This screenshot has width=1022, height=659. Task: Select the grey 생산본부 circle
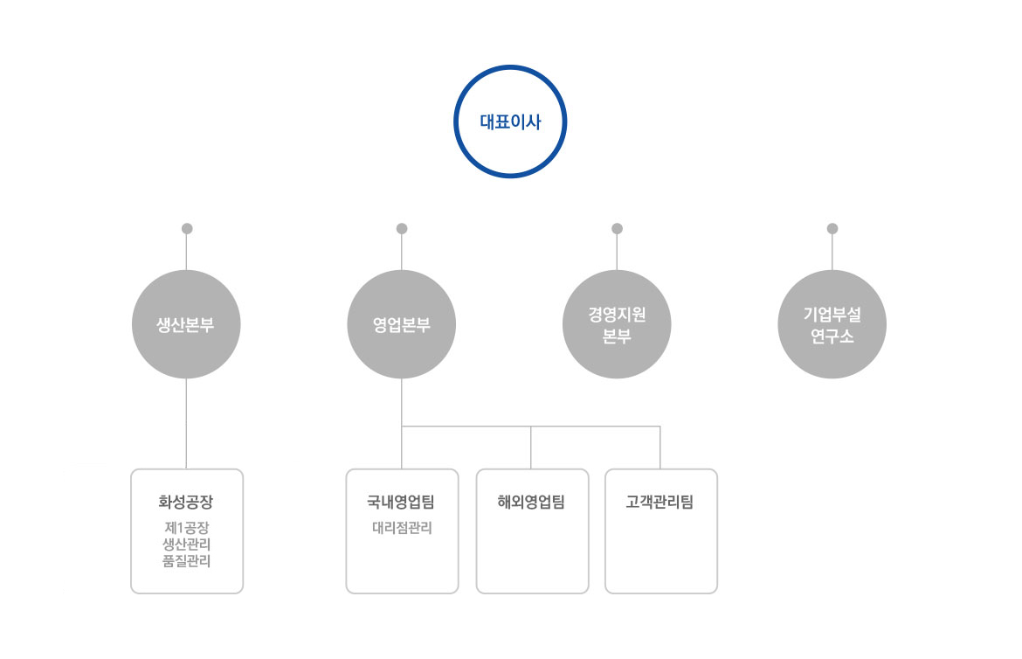point(186,324)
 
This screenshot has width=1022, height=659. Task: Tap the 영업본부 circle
point(402,324)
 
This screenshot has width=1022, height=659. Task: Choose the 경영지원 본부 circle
point(617,324)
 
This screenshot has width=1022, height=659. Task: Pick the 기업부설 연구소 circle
point(832,324)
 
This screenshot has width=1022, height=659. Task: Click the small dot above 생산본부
point(187,228)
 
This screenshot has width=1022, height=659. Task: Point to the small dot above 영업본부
point(402,228)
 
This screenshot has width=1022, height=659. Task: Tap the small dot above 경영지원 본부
point(618,228)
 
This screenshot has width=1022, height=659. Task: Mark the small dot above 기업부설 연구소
point(832,228)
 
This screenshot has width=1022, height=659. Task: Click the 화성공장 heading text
point(186,502)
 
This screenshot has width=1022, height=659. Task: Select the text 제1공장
point(186,527)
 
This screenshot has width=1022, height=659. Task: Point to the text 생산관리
point(186,545)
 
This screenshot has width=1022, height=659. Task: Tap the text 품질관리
point(186,561)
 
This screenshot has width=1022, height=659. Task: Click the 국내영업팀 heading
point(401,502)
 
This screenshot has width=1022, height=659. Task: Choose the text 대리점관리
point(402,528)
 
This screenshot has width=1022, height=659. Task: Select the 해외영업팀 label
point(531,502)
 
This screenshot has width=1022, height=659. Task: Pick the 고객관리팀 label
point(659,502)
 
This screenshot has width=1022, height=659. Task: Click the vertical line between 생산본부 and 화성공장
point(186,424)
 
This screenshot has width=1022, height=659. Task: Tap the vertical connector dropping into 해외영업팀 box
point(530,447)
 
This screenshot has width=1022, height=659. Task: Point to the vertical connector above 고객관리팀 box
point(660,447)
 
